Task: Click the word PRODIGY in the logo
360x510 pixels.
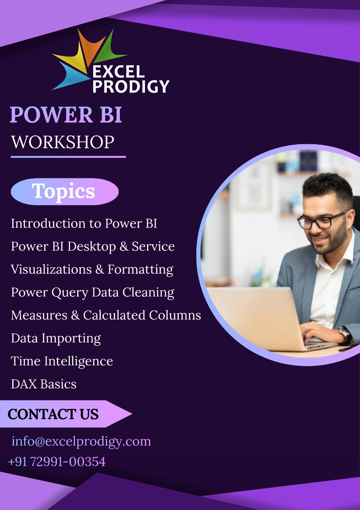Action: tap(131, 86)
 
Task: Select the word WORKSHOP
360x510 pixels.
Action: tap(63, 142)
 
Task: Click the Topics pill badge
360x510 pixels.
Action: tap(65, 192)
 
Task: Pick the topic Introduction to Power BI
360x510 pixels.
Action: tap(84, 224)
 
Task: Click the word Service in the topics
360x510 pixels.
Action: tap(153, 246)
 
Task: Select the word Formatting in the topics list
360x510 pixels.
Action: tap(141, 270)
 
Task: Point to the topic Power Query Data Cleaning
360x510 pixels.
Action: tap(93, 292)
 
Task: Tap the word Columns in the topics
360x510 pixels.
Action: tap(175, 315)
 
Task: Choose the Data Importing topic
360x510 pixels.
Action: tap(56, 339)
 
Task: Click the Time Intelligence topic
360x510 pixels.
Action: tap(62, 361)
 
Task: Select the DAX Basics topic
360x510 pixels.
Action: tap(44, 384)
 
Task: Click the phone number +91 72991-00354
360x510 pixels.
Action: tap(57, 462)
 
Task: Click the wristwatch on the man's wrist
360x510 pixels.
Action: tap(345, 334)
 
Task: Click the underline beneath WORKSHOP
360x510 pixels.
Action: tap(68, 157)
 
